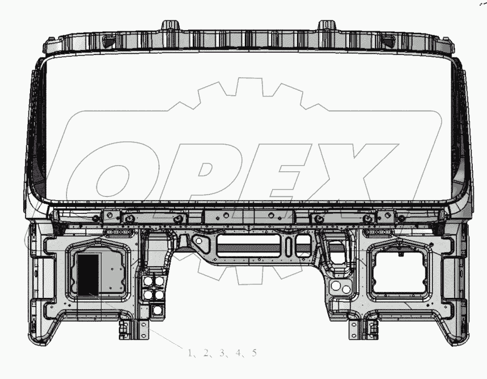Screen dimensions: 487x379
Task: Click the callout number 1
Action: pyautogui.click(x=190, y=352)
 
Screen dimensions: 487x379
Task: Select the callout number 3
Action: pyautogui.click(x=222, y=352)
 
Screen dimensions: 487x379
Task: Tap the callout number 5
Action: pyautogui.click(x=255, y=352)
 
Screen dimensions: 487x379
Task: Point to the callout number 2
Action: pyautogui.click(x=206, y=352)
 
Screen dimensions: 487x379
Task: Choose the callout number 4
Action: pyautogui.click(x=238, y=352)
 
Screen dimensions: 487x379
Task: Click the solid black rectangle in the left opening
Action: pyautogui.click(x=88, y=275)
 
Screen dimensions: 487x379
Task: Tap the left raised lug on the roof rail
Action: pyautogui.click(x=170, y=25)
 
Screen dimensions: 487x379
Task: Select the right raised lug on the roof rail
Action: pyautogui.click(x=327, y=25)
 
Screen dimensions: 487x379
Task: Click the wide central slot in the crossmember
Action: pyautogui.click(x=248, y=246)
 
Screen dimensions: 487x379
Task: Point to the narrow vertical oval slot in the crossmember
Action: pyautogui.click(x=289, y=246)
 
